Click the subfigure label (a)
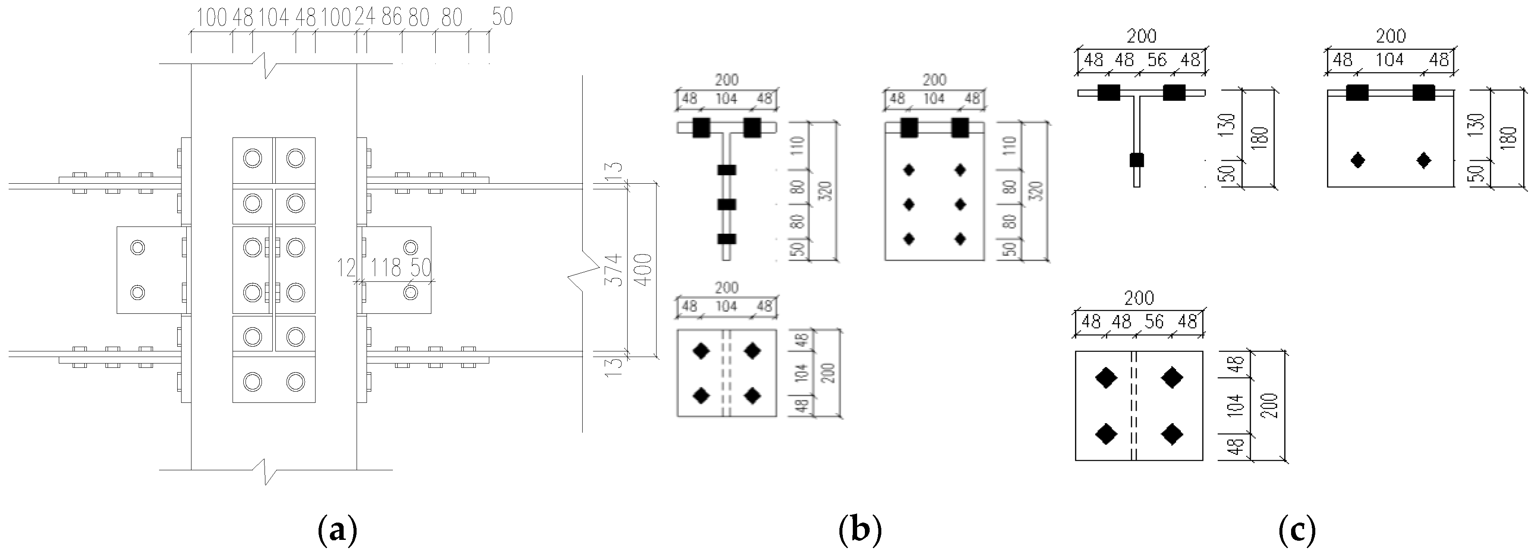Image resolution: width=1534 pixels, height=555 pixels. pos(338,530)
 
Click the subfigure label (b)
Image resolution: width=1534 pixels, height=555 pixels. pos(859,530)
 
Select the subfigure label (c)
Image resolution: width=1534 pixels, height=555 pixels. pos(1297,530)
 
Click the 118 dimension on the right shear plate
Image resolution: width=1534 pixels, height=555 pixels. pos(386,268)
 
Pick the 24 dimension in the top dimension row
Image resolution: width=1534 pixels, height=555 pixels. pos(364,17)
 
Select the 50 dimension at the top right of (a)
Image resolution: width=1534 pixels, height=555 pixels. pos(502,17)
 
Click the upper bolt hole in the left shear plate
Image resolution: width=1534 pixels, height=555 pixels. pos(137,247)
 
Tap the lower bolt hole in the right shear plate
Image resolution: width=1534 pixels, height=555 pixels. pos(410,292)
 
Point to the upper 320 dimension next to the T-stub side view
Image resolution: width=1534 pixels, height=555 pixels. pos(826,191)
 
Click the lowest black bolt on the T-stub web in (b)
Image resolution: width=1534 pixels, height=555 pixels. pos(727,239)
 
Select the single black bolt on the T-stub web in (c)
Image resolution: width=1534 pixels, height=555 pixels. pos(1137,159)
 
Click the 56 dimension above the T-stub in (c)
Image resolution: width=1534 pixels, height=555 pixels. pos(1157,60)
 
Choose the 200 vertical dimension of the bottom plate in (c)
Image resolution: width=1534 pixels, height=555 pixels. pos(1272,405)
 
